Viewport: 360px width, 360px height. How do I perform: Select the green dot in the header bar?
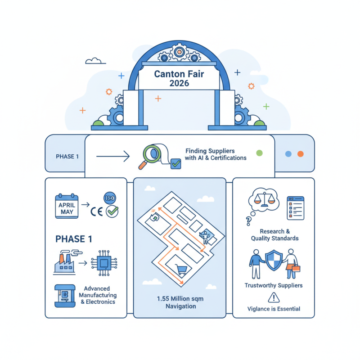259,153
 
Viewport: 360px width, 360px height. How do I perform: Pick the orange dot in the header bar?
300,153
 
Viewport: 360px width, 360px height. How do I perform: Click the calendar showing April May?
67,207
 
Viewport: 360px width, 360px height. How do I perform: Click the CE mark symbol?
95,211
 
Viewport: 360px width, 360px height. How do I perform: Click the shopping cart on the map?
182,270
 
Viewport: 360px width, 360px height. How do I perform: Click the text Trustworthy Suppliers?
274,285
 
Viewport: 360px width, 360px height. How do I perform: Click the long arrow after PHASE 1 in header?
113,157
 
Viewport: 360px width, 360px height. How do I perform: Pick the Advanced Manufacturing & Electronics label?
98,295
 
